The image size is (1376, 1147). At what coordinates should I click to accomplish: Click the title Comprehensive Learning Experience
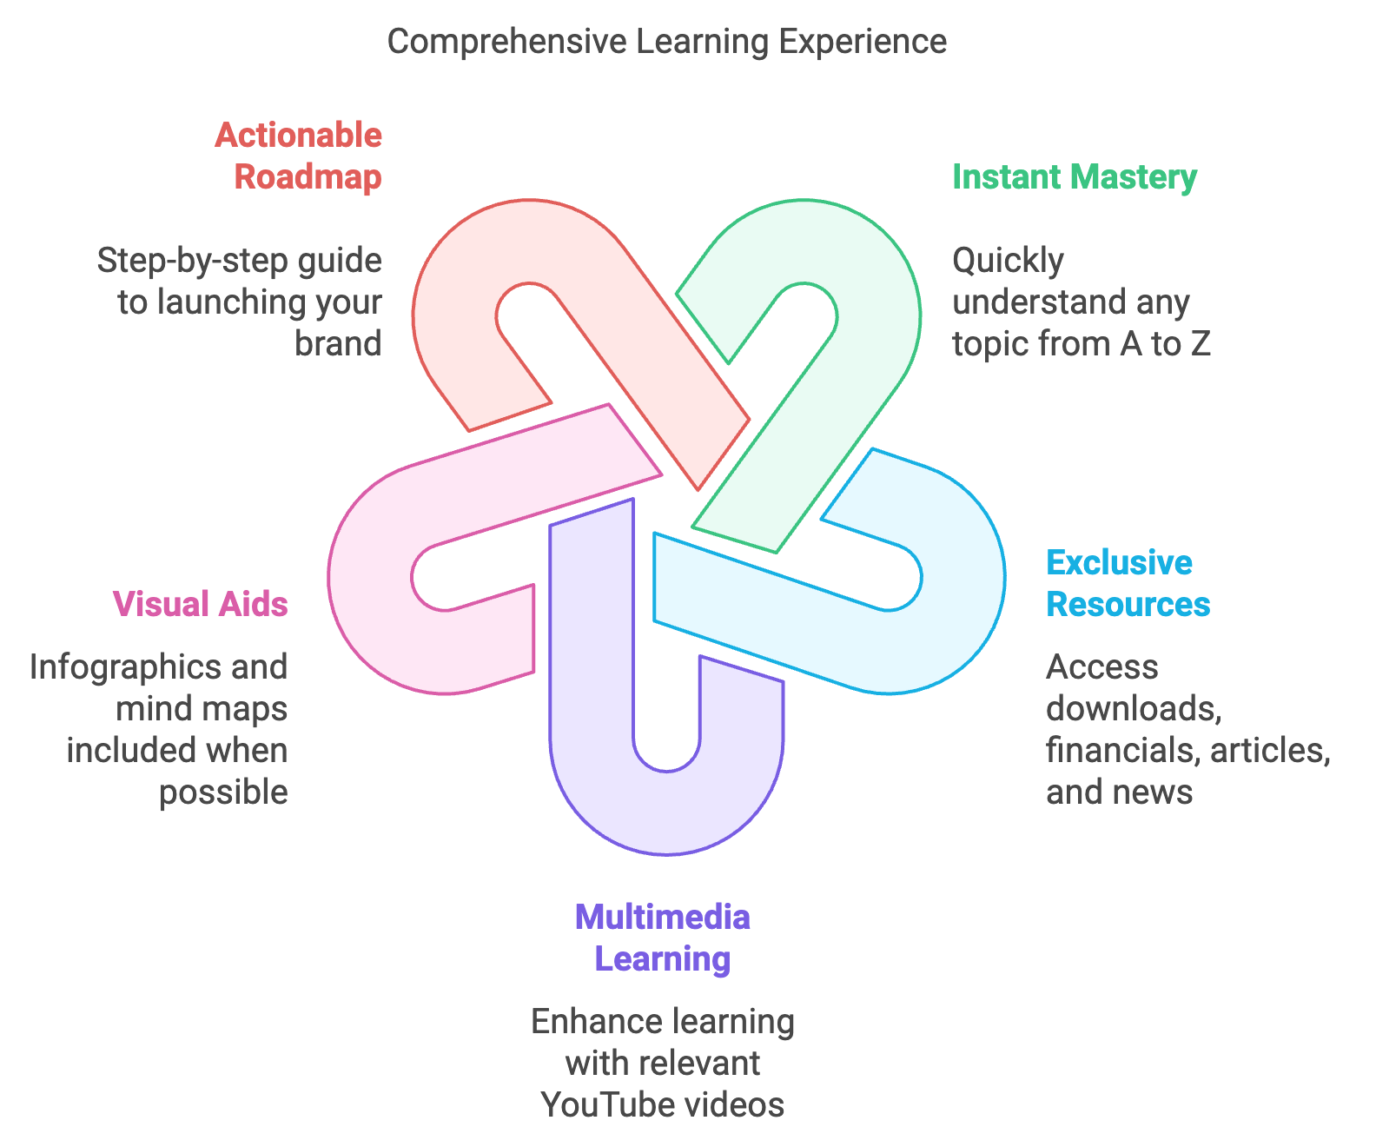666,42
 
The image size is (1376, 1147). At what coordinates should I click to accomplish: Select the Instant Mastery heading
1074,177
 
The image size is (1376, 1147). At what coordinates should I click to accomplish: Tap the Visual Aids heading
200,604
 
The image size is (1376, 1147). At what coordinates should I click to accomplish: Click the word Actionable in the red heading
298,136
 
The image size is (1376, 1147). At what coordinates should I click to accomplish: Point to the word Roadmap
308,177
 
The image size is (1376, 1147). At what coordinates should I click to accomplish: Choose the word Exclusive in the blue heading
1119,563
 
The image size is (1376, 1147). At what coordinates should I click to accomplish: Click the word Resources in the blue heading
1128,605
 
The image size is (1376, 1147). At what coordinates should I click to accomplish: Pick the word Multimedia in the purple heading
662,918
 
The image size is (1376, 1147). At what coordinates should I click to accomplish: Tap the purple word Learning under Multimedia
662,959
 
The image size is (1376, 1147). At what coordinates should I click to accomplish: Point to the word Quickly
1008,261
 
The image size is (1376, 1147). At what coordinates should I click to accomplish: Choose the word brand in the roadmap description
338,344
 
